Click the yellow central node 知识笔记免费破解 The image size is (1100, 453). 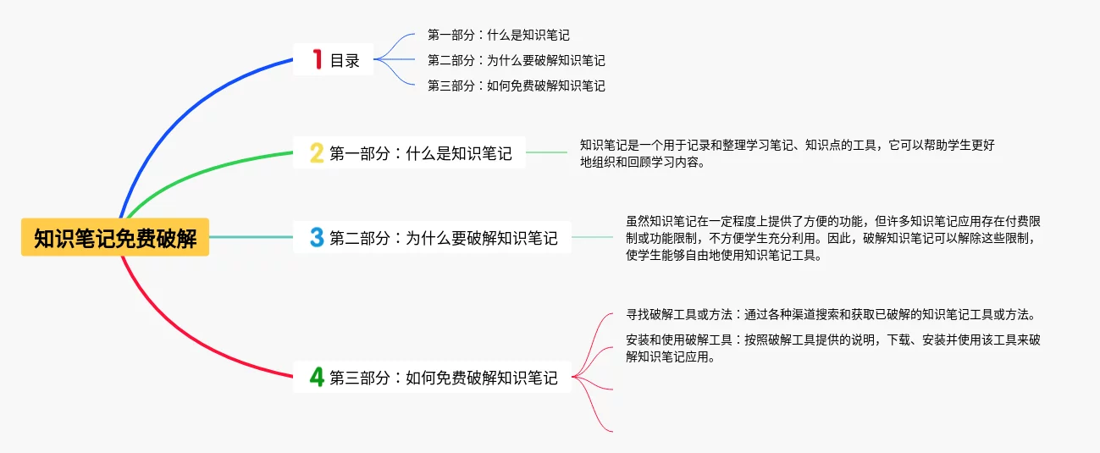[x=115, y=238]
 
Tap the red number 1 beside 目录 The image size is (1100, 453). [x=318, y=59]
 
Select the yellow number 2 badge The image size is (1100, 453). [x=317, y=153]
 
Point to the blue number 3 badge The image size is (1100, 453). [x=317, y=238]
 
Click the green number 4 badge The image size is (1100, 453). [x=317, y=378]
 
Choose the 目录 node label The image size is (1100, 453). [x=345, y=60]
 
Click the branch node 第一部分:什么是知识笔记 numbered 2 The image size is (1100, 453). [x=421, y=153]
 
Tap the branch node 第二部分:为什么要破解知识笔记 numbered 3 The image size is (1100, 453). [x=444, y=238]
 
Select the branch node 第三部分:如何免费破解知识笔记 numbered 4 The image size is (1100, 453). [x=444, y=378]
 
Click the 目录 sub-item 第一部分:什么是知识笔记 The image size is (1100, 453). [x=498, y=35]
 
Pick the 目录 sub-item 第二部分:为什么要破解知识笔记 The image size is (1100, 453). [x=516, y=60]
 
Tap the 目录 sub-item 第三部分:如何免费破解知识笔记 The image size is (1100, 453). [x=516, y=86]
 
